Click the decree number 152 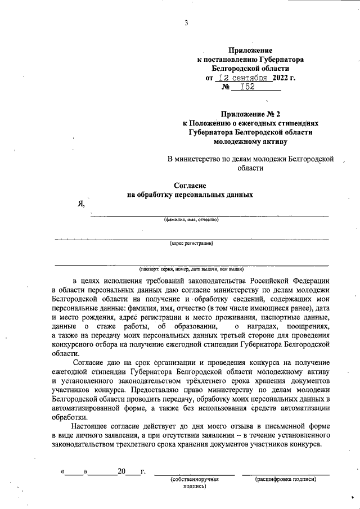point(247,87)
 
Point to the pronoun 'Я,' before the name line point(81,204)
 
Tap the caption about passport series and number point(191,269)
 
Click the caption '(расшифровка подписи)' point(286,479)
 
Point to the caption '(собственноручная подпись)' point(195,483)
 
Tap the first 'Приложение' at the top point(250,50)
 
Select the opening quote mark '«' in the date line point(62,471)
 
